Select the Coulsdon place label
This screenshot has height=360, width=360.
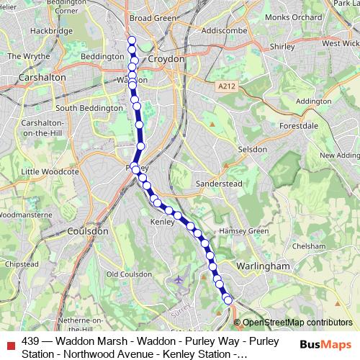point(86,231)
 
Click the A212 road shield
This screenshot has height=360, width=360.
point(227,86)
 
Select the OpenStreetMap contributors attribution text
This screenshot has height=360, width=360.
point(297,323)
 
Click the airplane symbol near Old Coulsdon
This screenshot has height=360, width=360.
point(179,278)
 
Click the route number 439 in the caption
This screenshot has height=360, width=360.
point(31,341)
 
